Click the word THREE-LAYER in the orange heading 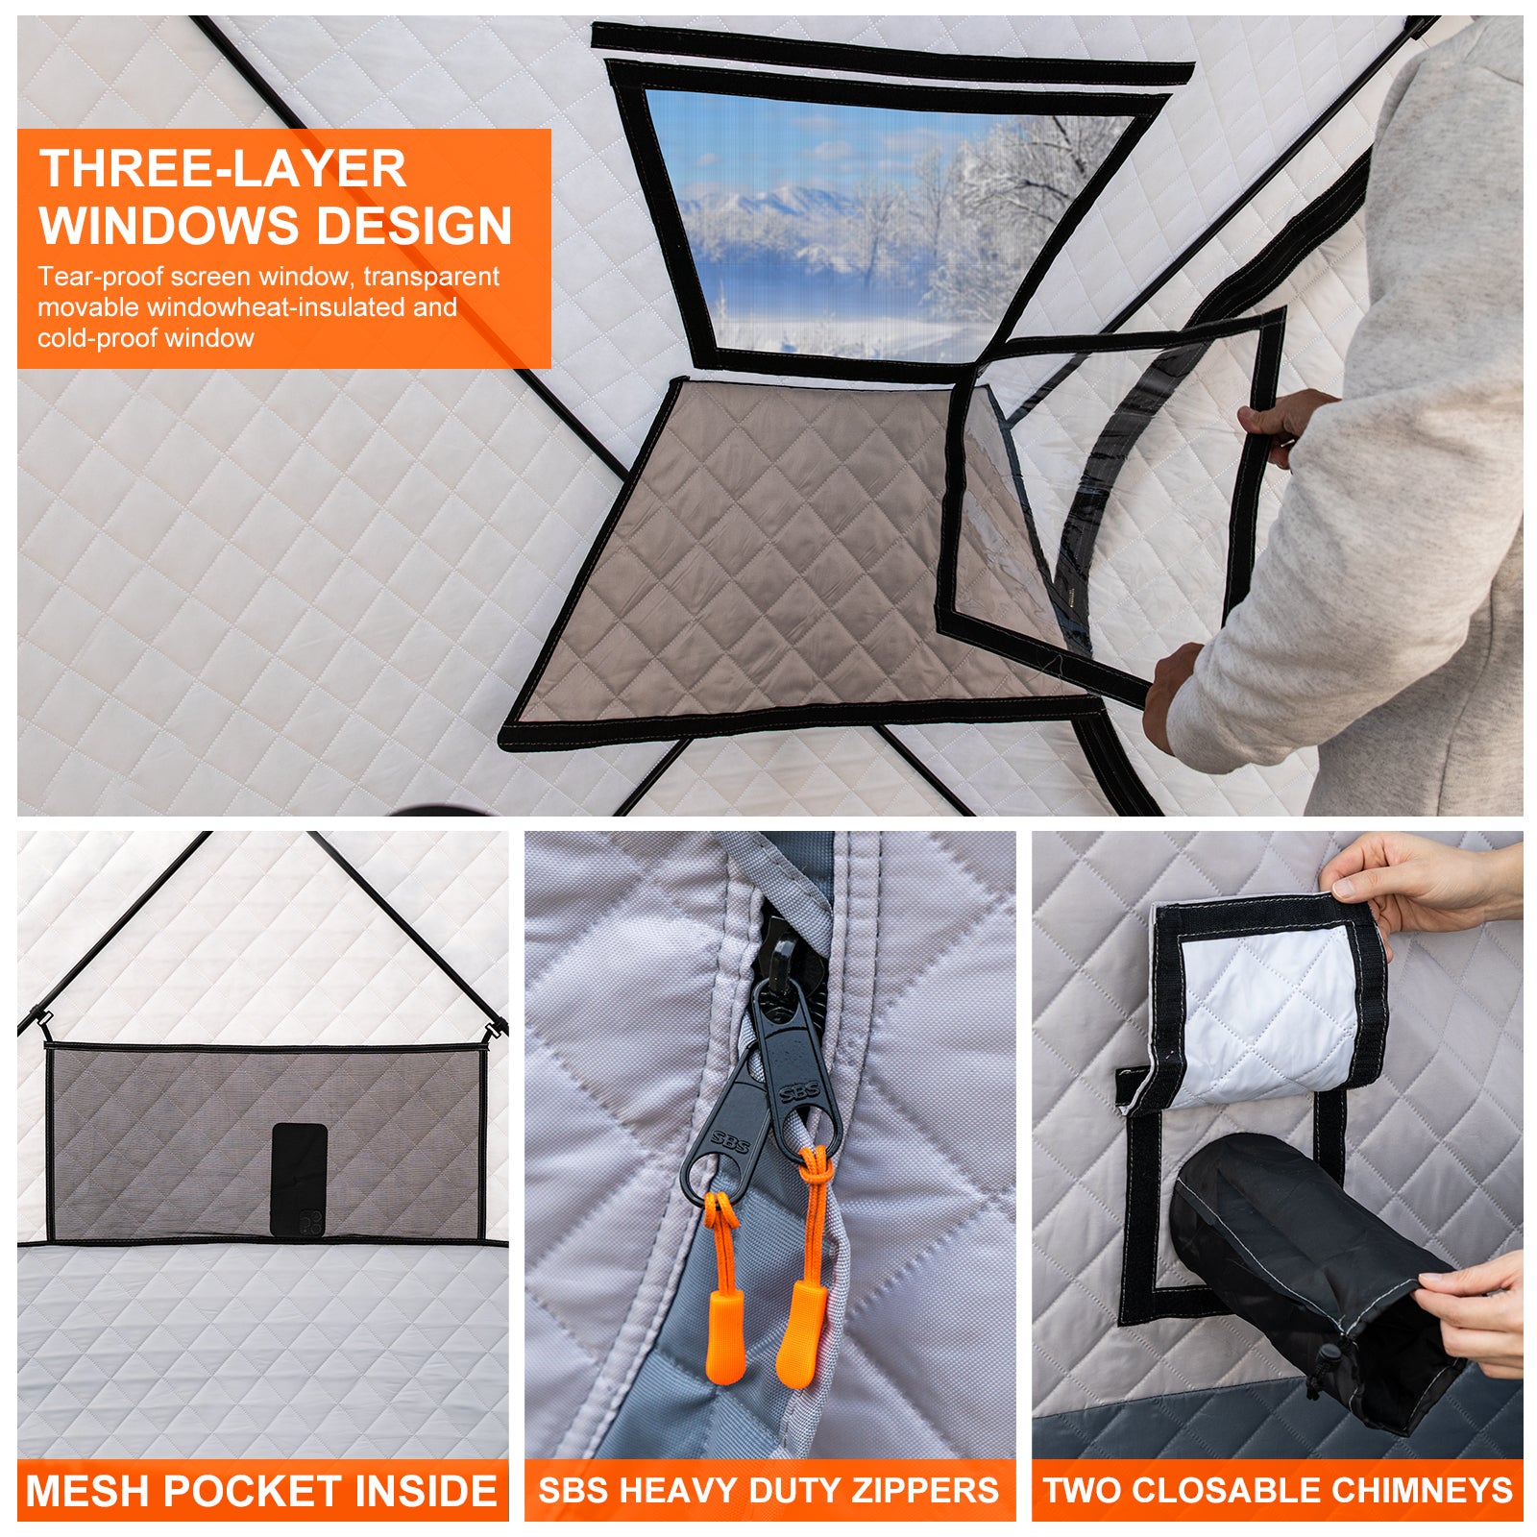click(x=223, y=168)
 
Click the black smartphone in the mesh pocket click(x=300, y=1180)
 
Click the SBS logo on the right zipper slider click(x=799, y=1091)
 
